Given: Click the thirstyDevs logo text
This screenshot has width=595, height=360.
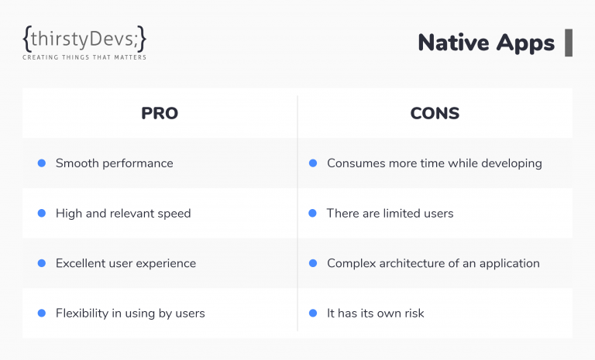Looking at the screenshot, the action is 84,39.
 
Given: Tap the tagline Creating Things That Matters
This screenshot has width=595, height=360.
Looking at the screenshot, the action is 84,57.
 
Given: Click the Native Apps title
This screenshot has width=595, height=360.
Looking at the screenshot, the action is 486,43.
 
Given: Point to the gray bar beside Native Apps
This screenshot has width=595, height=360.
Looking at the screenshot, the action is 569,43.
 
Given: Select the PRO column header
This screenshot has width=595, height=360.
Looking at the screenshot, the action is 160,113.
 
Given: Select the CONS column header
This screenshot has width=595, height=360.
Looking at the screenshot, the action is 435,113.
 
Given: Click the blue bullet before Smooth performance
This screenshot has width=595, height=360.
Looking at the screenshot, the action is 42,163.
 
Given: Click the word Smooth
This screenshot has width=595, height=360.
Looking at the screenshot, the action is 77,163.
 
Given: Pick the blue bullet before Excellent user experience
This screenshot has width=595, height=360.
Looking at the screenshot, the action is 42,263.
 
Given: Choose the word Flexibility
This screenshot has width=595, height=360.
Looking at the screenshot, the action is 82,314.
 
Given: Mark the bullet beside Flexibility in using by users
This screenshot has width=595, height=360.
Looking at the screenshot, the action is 42,314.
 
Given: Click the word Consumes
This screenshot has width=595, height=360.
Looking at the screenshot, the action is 353,163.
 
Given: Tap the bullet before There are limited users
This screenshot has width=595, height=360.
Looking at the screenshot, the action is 313,213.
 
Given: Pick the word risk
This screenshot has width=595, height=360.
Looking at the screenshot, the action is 414,314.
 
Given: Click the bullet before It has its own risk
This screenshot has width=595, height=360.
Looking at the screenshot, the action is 313,314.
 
